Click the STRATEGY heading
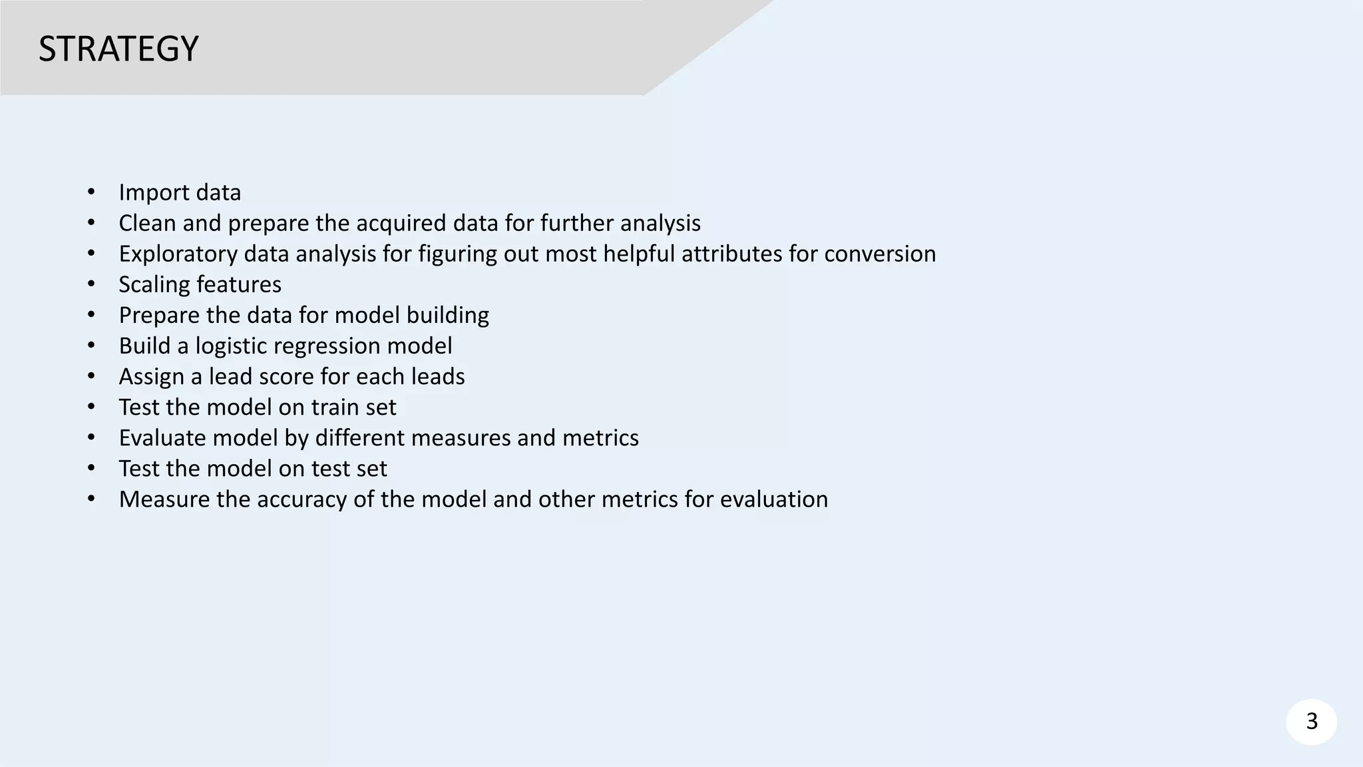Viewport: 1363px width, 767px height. tap(118, 49)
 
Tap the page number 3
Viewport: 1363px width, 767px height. tap(1312, 721)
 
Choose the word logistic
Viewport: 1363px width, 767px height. tap(231, 346)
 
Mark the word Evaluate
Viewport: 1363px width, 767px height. tap(160, 438)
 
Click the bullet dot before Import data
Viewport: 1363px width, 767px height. tap(91, 192)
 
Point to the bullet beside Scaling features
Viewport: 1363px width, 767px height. tap(91, 284)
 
